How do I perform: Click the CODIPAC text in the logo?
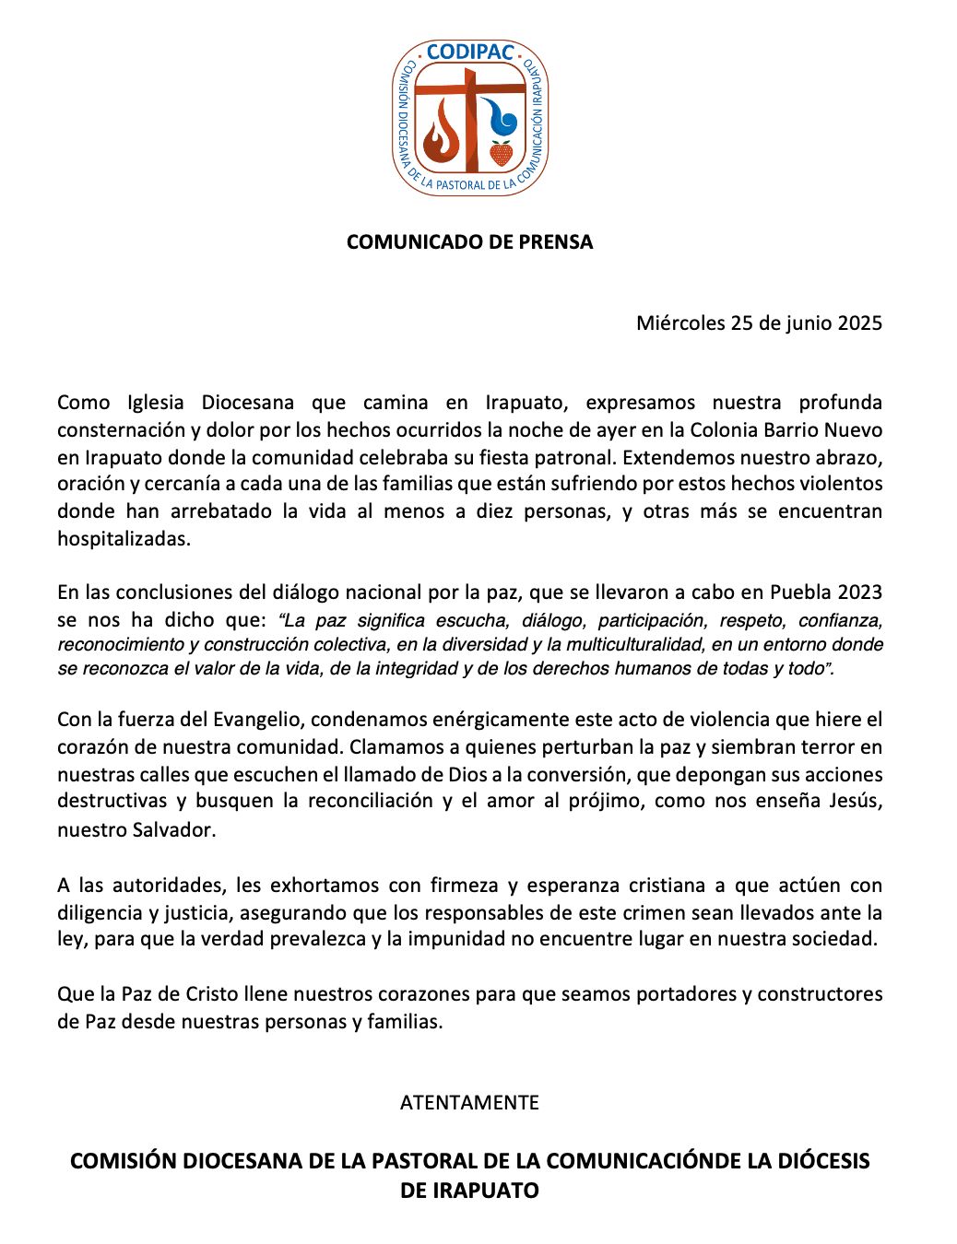[469, 53]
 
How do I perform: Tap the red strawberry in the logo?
[501, 152]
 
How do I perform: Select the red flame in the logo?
[442, 134]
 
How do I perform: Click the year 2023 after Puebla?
[857, 593]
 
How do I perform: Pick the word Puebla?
[798, 593]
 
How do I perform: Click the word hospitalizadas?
[124, 539]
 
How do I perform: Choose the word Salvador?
[170, 829]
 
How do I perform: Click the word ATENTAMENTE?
[469, 1103]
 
